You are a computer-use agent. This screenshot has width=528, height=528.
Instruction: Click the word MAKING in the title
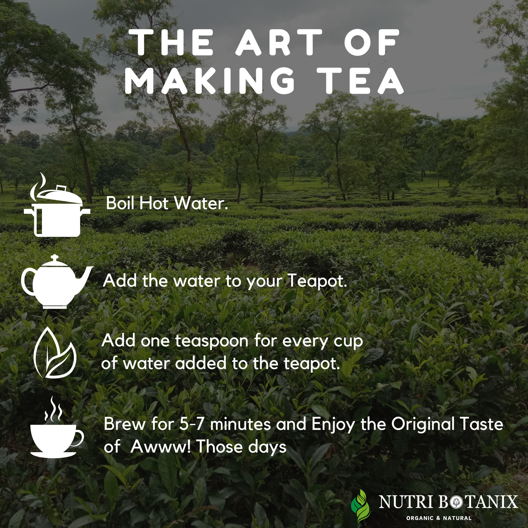pyautogui.click(x=210, y=80)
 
